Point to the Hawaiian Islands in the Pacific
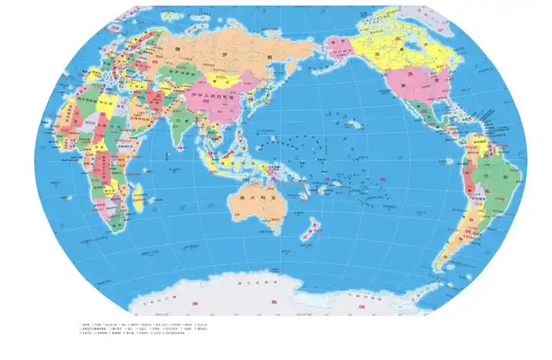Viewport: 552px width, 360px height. tap(354, 124)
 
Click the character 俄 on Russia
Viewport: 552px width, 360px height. tap(178, 50)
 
